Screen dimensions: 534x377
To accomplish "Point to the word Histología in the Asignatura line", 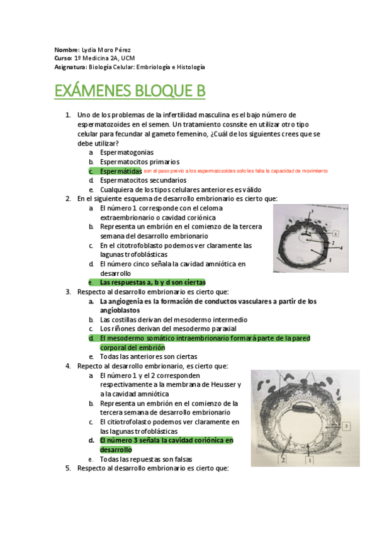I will [x=191, y=67].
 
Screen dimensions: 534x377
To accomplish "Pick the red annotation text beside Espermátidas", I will [x=235, y=171].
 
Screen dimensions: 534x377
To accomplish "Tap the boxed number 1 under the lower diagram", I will [x=309, y=460].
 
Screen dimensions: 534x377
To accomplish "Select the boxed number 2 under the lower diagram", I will [x=284, y=460].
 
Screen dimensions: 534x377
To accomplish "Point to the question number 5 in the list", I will [x=68, y=469].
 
